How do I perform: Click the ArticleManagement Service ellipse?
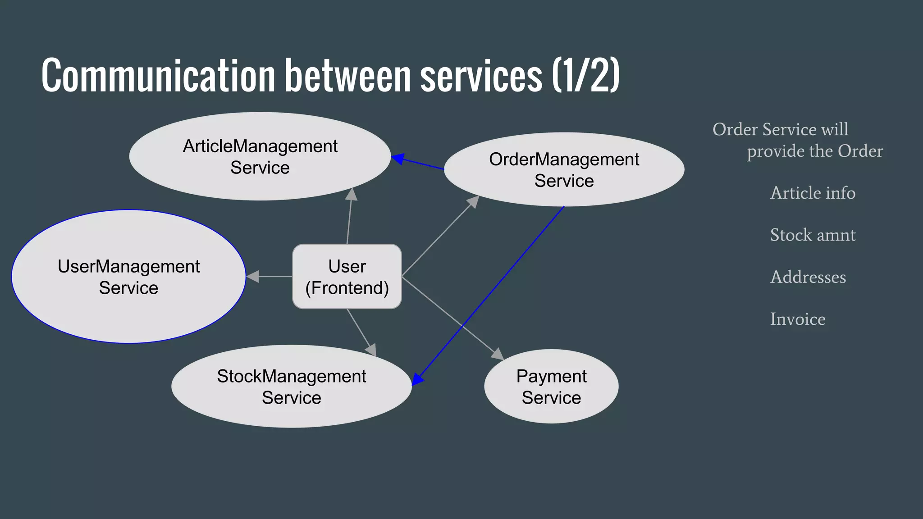pyautogui.click(x=260, y=156)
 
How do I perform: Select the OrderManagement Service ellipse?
pyautogui.click(x=564, y=170)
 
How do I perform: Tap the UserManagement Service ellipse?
pyautogui.click(x=128, y=277)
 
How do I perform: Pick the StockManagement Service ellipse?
pyautogui.click(x=291, y=387)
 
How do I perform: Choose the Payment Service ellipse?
pyautogui.click(x=551, y=387)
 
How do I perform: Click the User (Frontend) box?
pyautogui.click(x=347, y=277)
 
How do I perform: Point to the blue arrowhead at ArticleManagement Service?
pyautogui.click(x=398, y=159)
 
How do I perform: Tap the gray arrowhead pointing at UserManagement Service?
pyautogui.click(x=253, y=277)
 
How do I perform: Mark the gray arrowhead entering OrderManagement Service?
pyautogui.click(x=473, y=201)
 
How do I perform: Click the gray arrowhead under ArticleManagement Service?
pyautogui.click(x=352, y=194)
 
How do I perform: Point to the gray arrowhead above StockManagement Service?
pyautogui.click(x=371, y=350)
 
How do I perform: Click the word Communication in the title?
pyautogui.click(x=158, y=75)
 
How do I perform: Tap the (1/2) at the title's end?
pyautogui.click(x=586, y=75)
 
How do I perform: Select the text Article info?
pyautogui.click(x=813, y=193)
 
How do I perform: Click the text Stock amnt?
pyautogui.click(x=813, y=235)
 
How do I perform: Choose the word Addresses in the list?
pyautogui.click(x=808, y=277)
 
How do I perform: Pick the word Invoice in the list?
pyautogui.click(x=797, y=319)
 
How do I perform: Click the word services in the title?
pyautogui.click(x=481, y=75)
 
